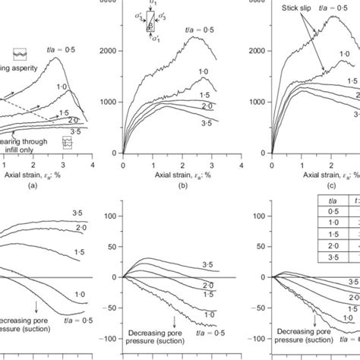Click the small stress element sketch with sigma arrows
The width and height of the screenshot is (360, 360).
tap(152, 21)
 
